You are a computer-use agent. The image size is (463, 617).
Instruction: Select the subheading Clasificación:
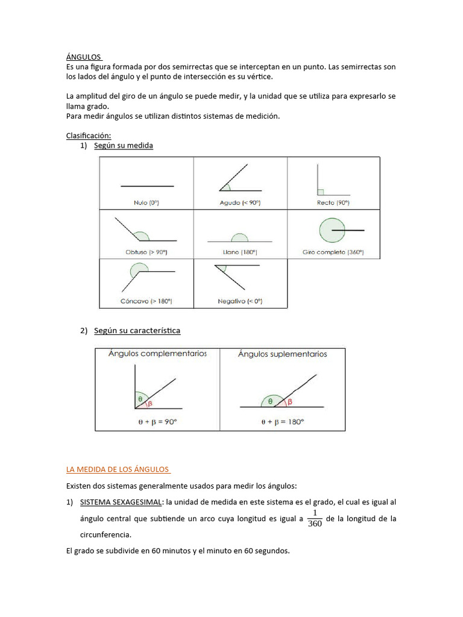89,136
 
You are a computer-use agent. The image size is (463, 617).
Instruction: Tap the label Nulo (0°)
146,203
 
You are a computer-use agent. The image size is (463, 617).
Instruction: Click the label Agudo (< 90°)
239,203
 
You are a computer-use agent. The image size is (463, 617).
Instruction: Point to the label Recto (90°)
333,203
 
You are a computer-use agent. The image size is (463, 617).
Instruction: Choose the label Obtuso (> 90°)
146,252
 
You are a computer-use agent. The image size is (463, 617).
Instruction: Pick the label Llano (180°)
239,252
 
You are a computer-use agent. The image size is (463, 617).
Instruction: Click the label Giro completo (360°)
333,252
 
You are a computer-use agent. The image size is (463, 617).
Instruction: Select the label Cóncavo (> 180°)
146,301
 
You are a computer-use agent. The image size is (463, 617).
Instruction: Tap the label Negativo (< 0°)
240,301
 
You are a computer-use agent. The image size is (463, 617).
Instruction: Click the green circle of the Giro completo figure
330,230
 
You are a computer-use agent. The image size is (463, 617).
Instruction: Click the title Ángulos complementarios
157,354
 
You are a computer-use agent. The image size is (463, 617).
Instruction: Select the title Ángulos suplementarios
282,354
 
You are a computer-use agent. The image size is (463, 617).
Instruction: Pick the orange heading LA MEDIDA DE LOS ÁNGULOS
118,469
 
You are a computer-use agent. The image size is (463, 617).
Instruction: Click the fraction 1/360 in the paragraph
315,518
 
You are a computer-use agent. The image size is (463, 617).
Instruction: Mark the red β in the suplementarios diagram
289,401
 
